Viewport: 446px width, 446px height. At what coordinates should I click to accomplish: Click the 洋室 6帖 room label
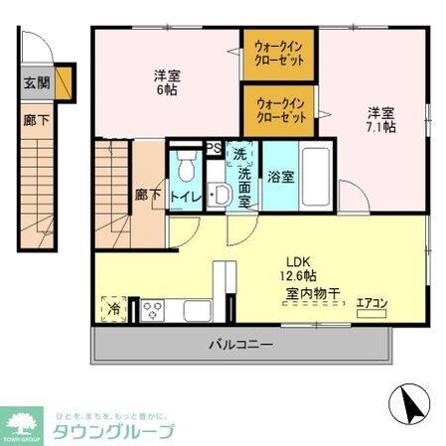point(166,82)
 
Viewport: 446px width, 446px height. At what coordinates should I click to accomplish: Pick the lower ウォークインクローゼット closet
point(279,108)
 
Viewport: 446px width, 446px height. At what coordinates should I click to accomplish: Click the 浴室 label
point(279,178)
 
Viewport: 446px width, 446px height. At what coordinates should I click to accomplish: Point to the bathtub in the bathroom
point(316,176)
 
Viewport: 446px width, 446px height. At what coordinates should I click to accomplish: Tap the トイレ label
point(187,197)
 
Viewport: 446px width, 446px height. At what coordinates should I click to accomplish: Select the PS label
point(213,150)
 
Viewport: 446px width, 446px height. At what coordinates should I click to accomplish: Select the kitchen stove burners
point(153,308)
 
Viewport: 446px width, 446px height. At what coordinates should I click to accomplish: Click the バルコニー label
point(240,346)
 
